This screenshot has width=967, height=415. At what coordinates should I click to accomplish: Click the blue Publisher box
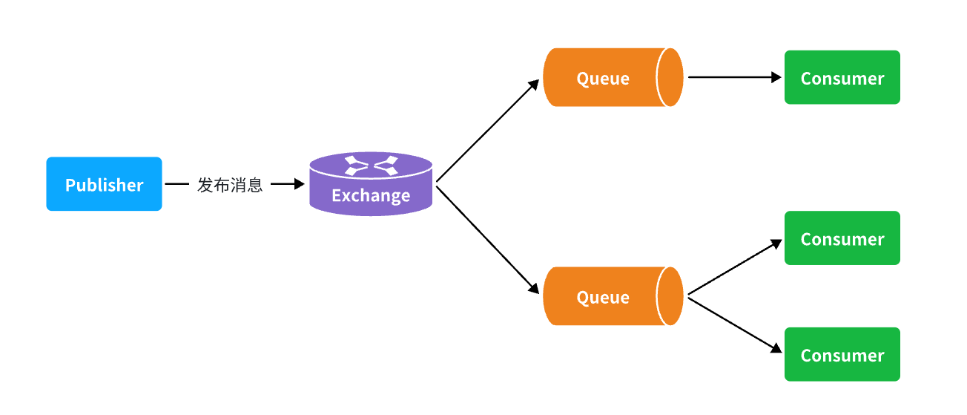(104, 183)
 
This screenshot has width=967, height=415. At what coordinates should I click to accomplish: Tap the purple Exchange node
(371, 183)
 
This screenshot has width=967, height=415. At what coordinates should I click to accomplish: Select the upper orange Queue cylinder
(613, 77)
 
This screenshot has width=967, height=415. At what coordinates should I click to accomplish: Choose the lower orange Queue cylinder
(613, 296)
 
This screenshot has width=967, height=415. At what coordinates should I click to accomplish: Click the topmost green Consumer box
(842, 77)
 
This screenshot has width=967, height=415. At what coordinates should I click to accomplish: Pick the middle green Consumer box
(842, 238)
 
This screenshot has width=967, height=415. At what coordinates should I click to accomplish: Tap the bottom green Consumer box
(842, 354)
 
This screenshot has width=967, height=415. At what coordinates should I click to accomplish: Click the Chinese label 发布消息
(230, 185)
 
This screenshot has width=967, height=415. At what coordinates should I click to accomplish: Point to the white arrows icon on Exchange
(371, 166)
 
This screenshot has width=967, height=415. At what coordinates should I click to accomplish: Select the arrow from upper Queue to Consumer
(735, 77)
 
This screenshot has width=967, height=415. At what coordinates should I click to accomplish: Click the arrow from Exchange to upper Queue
(488, 130)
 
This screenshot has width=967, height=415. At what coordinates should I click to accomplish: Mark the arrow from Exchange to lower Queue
(488, 240)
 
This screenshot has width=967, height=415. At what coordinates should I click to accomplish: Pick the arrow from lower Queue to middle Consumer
(735, 267)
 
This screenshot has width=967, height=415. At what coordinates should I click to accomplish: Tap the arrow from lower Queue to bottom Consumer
(735, 325)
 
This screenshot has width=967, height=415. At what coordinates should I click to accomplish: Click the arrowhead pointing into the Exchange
(300, 183)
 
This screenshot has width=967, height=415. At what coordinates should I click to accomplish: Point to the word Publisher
(104, 185)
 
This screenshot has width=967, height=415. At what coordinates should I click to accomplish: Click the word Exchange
(371, 196)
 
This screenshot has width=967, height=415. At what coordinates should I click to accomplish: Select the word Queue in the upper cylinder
(603, 79)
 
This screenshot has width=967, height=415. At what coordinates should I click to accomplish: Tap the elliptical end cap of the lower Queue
(670, 296)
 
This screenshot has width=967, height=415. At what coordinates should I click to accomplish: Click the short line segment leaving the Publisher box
(177, 183)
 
